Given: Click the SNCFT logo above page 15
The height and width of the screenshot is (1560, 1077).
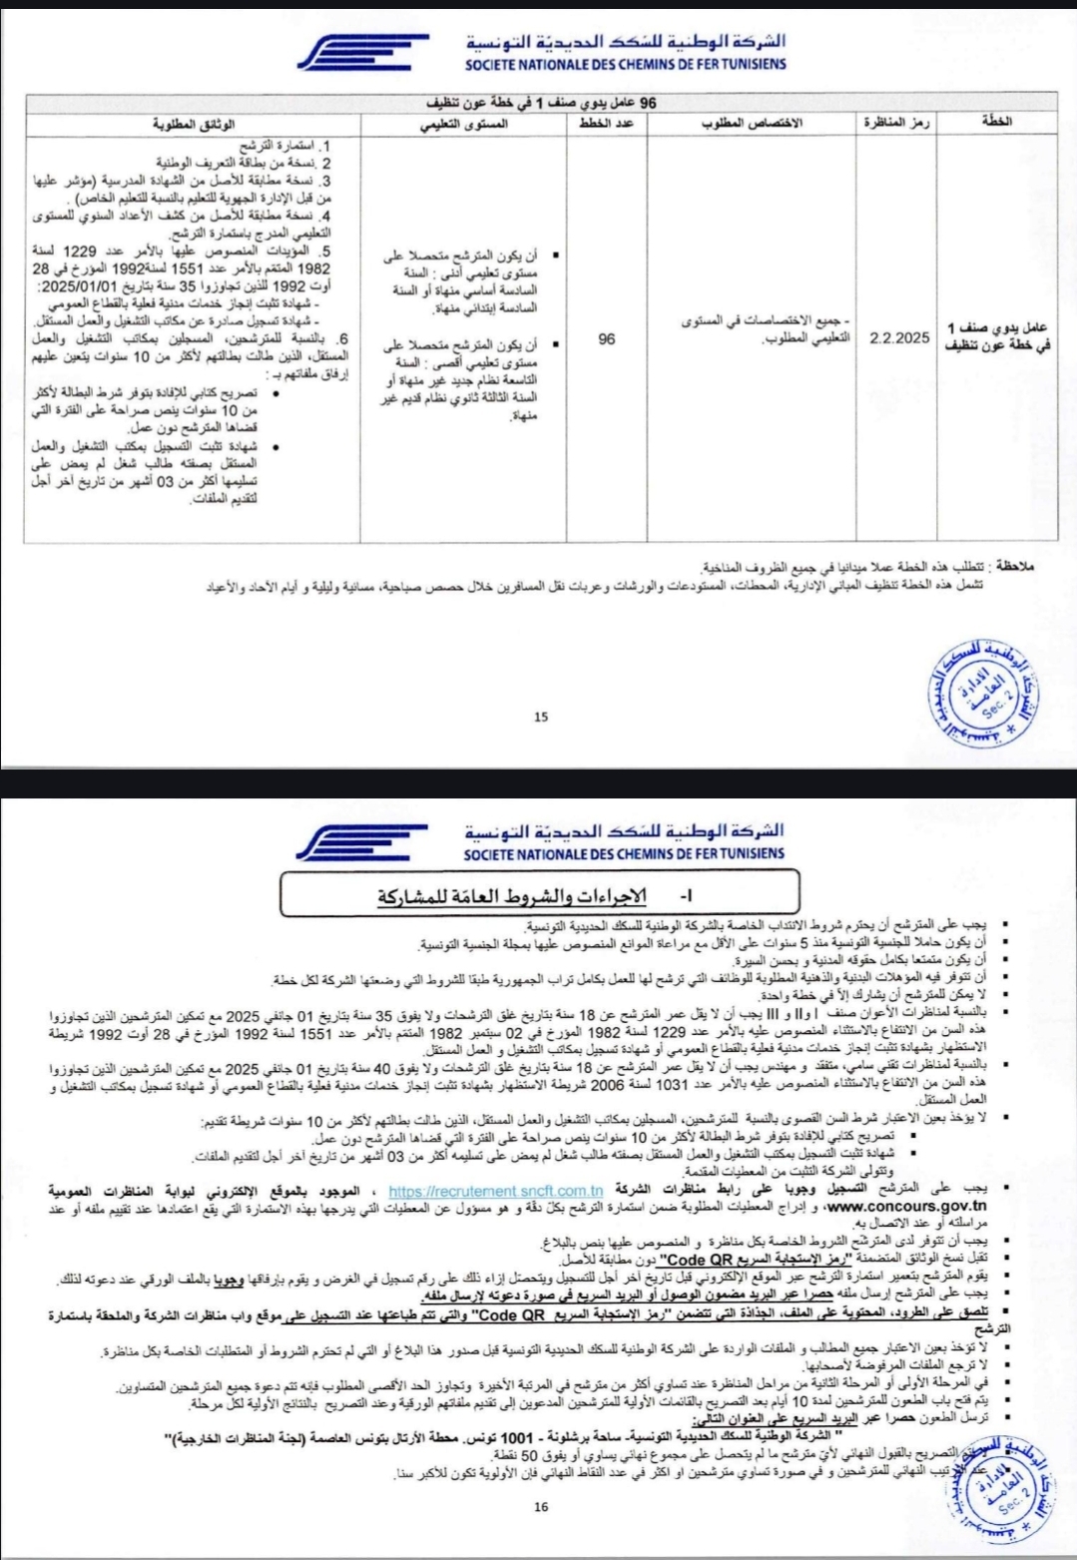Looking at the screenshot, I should tap(363, 53).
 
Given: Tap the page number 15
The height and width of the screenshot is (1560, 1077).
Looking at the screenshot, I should tap(541, 716).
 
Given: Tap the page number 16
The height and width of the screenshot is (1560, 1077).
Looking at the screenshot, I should tap(540, 1506).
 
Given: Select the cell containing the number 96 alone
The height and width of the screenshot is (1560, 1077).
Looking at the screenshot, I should tap(606, 338).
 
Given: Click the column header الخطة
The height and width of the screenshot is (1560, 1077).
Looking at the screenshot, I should tap(996, 122).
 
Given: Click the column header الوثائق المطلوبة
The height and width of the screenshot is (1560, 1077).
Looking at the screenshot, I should tap(194, 123).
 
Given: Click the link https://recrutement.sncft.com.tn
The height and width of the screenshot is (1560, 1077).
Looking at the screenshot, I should tap(495, 1190).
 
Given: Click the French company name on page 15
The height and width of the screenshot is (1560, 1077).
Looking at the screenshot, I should tap(626, 64).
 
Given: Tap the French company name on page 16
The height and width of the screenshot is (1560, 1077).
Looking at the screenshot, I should tap(624, 853).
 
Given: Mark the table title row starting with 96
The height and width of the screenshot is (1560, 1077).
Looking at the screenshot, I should tap(541, 103).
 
